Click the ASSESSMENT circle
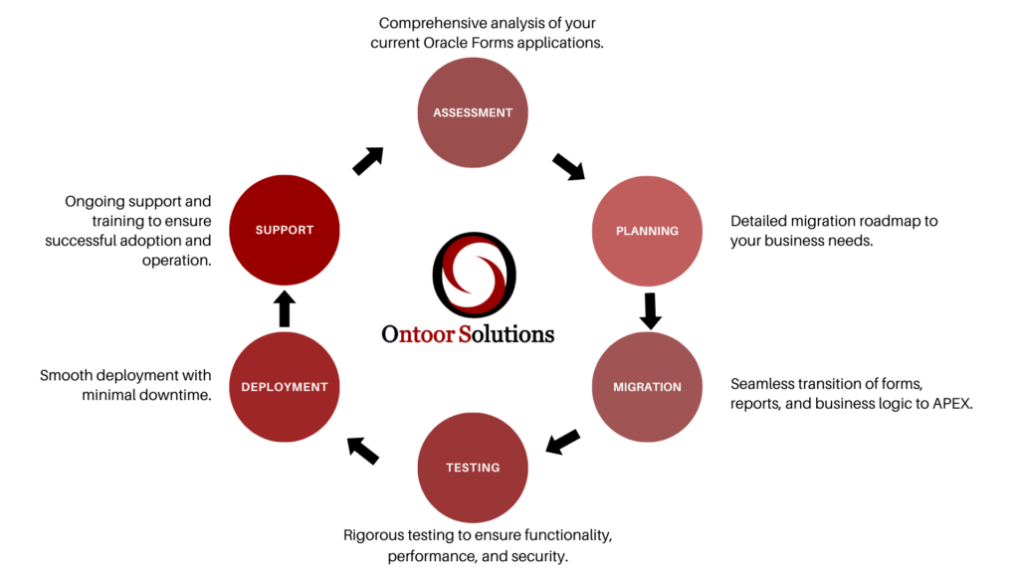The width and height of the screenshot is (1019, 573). [473, 112]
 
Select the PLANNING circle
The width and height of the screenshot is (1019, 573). [647, 231]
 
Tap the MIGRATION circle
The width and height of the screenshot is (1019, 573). [647, 387]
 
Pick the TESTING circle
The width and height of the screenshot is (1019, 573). [473, 468]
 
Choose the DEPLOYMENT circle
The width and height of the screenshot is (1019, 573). [285, 387]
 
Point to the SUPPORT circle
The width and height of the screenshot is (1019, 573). [285, 231]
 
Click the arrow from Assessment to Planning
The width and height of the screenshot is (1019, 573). [569, 166]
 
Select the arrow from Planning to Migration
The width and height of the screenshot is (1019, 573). [650, 309]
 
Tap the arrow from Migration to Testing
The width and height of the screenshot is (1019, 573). [563, 442]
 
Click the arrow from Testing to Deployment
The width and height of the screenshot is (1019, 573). [363, 451]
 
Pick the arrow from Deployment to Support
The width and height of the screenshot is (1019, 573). [285, 308]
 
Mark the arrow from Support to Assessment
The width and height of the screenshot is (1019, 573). [368, 161]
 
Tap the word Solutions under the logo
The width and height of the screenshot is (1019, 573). [507, 334]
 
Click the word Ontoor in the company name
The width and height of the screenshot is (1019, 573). [417, 334]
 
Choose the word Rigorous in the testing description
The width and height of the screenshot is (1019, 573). [377, 535]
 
